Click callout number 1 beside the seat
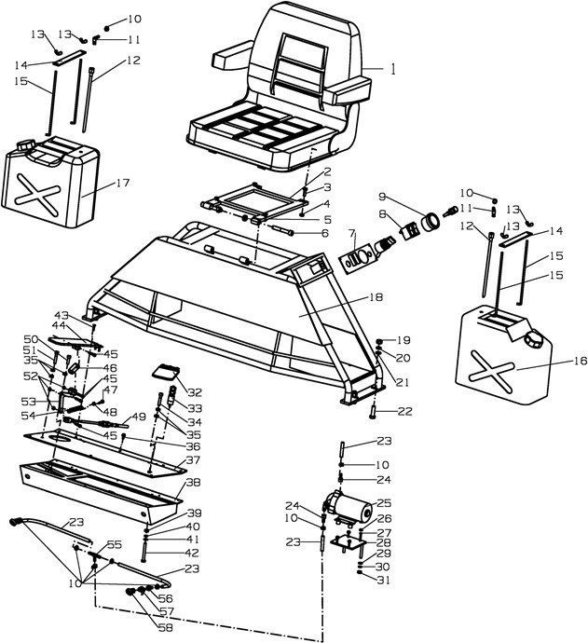[393, 69]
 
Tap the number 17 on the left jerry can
[122, 184]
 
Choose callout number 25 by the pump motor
[383, 503]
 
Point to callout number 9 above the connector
[382, 197]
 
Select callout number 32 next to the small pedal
[194, 391]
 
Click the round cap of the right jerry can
[534, 340]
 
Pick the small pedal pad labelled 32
[167, 373]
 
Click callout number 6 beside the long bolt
[324, 233]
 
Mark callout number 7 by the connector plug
[352, 232]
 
